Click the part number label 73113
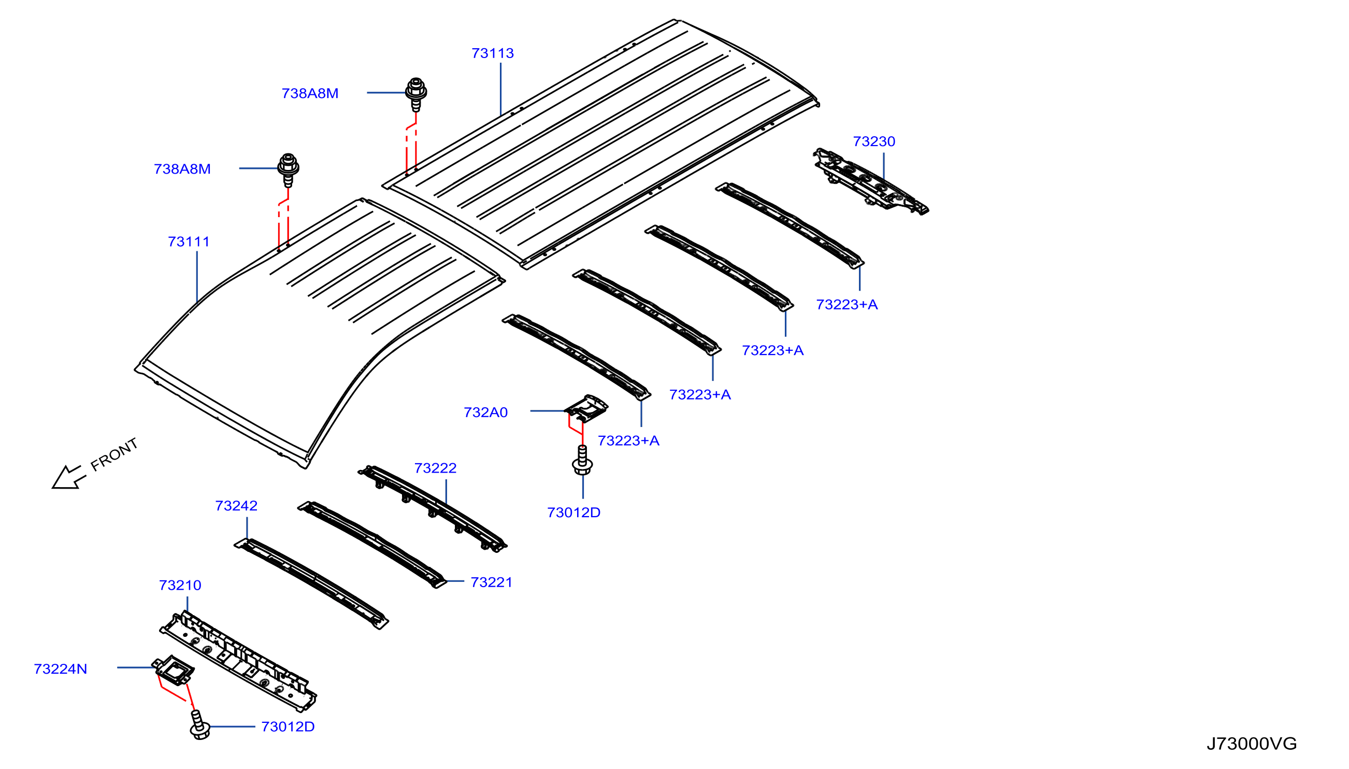point(492,53)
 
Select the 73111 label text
point(189,242)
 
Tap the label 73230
point(874,141)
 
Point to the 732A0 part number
point(485,412)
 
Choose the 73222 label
point(435,468)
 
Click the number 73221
point(491,582)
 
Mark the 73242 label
point(236,506)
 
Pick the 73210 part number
point(180,586)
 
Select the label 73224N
point(60,669)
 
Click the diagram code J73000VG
point(1251,744)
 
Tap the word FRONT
point(114,455)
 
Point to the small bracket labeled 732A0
point(586,408)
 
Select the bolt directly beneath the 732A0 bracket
point(582,460)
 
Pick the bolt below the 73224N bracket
point(199,725)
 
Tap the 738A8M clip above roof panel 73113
point(416,94)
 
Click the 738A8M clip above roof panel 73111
point(288,170)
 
